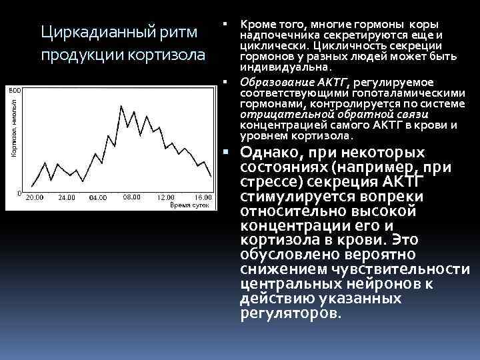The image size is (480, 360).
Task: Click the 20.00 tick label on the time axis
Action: (x=34, y=198)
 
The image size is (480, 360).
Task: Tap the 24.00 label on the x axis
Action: (x=66, y=198)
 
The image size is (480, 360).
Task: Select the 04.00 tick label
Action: (x=98, y=198)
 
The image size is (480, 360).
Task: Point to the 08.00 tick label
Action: (x=132, y=197)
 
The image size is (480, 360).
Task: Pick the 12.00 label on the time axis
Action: (x=166, y=198)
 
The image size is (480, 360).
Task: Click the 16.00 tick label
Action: (x=202, y=198)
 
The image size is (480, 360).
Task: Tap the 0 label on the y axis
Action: (x=20, y=192)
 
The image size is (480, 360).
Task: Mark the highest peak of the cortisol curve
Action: (x=120, y=105)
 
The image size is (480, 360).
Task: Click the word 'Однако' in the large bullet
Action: (x=269, y=153)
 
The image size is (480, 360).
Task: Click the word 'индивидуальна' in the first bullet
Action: (x=284, y=68)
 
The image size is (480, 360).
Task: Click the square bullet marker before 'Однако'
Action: (x=227, y=151)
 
